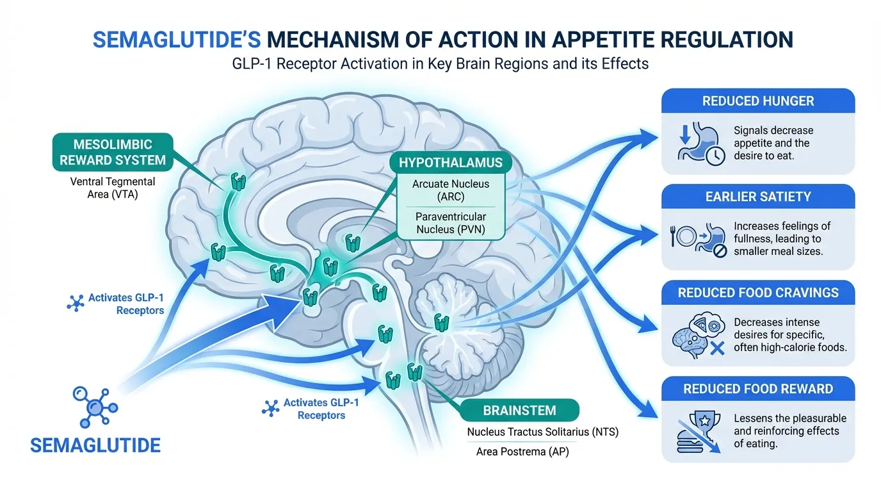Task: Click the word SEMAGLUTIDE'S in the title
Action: [175, 40]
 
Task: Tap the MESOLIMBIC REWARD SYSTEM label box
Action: [113, 151]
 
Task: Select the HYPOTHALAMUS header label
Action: [451, 163]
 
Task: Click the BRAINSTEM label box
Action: [519, 411]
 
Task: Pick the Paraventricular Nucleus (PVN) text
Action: [451, 222]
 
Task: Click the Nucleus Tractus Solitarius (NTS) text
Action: [542, 432]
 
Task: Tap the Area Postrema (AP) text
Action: [522, 452]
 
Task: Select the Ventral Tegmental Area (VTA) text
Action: [113, 188]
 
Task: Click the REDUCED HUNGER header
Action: [758, 101]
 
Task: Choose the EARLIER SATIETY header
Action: [758, 197]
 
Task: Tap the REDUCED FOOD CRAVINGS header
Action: [758, 293]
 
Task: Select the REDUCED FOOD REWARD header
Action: [758, 389]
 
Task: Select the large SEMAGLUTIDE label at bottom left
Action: [96, 445]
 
